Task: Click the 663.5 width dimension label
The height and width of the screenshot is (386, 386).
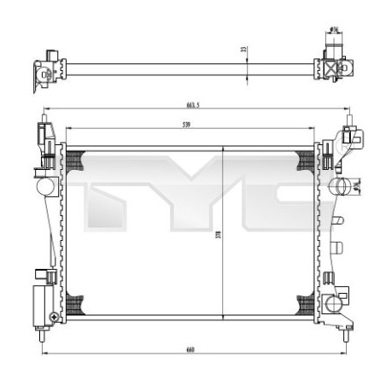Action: tap(192, 105)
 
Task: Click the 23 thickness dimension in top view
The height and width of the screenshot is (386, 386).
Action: tap(243, 50)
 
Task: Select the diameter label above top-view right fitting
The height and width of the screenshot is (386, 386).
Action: tap(334, 32)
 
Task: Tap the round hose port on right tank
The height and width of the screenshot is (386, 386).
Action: tap(340, 185)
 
